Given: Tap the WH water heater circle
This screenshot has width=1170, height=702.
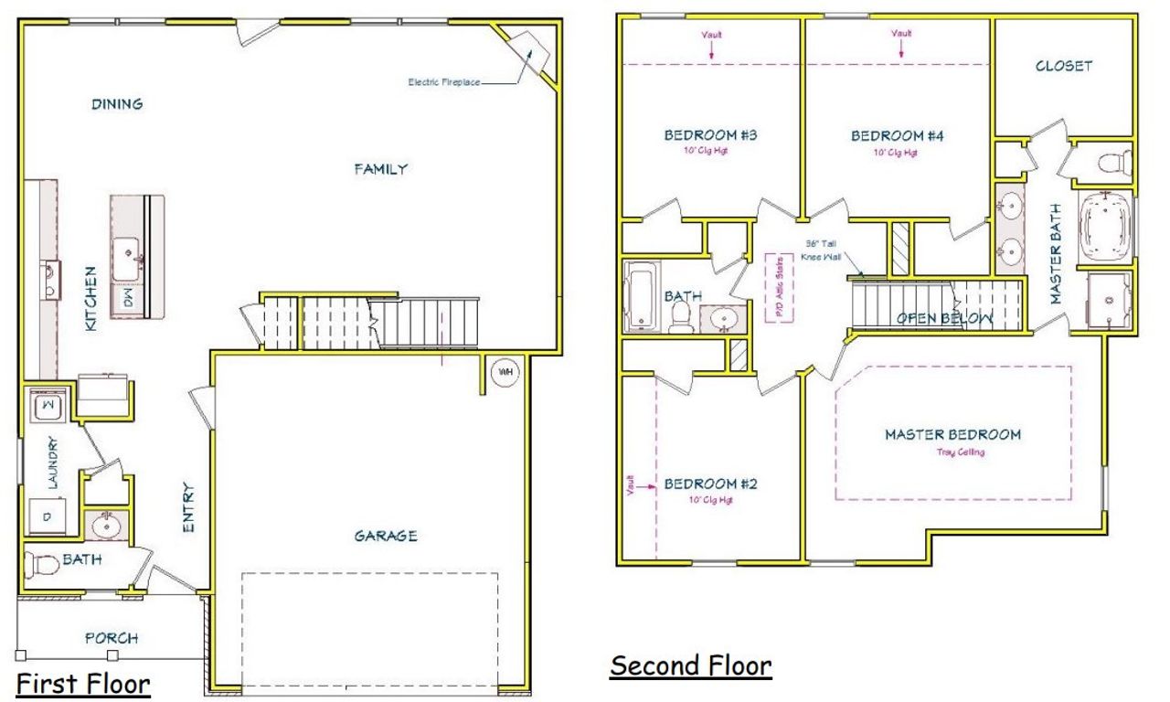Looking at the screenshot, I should pyautogui.click(x=504, y=372).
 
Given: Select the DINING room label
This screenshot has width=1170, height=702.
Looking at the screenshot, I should pyautogui.click(x=117, y=104).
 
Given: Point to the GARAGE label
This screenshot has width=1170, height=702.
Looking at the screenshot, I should pyautogui.click(x=386, y=536).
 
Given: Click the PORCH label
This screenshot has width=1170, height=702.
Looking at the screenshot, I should pyautogui.click(x=112, y=638).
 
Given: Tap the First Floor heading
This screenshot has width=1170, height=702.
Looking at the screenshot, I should pyautogui.click(x=83, y=683).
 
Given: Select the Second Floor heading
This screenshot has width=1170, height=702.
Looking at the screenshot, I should pyautogui.click(x=691, y=665).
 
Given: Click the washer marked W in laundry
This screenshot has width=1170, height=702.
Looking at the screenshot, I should pyautogui.click(x=46, y=405).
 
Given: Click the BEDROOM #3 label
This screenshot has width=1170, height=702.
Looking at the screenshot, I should pyautogui.click(x=710, y=136).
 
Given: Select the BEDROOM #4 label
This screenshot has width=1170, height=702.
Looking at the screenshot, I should pyautogui.click(x=897, y=136).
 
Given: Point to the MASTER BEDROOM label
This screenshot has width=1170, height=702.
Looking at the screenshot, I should pyautogui.click(x=952, y=435).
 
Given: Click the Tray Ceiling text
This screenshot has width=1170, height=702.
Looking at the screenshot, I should pyautogui.click(x=961, y=452).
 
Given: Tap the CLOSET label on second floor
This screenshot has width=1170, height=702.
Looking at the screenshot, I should pyautogui.click(x=1064, y=67).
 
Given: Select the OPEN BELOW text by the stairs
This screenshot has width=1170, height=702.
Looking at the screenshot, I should pyautogui.click(x=944, y=318).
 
